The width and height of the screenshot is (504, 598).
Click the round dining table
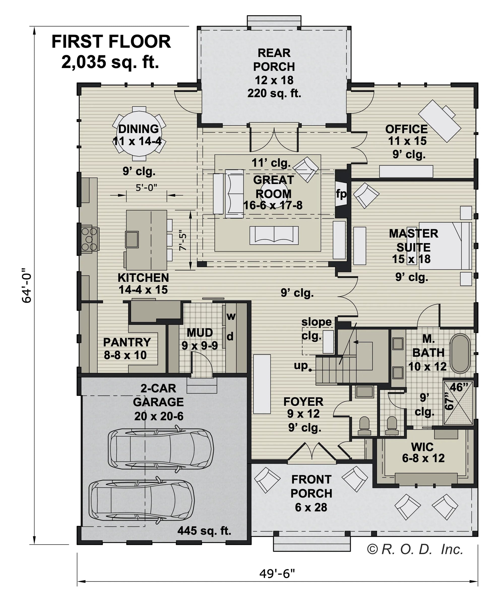[139, 134]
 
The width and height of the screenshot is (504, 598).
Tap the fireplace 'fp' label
[341, 194]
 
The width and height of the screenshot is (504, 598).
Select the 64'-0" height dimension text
[27, 286]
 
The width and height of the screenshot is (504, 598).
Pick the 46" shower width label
[459, 387]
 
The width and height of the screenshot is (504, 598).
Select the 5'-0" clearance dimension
[146, 188]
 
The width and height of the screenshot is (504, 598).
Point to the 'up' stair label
[301, 365]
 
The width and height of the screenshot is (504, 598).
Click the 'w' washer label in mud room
[231, 316]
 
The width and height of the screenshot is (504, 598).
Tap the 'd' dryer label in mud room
[230, 337]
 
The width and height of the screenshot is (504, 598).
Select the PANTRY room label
[127, 342]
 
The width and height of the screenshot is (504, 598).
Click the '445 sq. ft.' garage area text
[204, 530]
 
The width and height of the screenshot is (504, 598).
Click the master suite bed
[445, 246]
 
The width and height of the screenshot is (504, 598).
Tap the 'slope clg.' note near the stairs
[316, 329]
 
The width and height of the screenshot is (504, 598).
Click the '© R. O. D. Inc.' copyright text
[415, 549]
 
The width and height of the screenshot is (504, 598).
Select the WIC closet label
[422, 447]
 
